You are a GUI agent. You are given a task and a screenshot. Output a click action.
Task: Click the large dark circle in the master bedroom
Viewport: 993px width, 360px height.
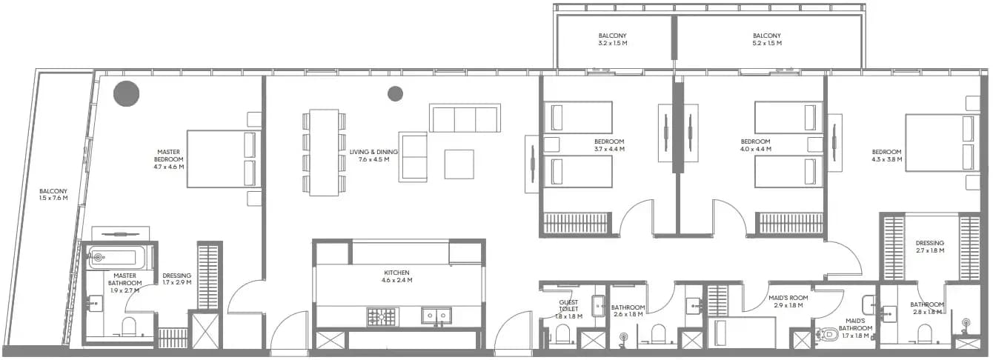click(x=126, y=93)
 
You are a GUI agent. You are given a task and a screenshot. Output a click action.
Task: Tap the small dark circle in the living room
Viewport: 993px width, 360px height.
click(x=395, y=93)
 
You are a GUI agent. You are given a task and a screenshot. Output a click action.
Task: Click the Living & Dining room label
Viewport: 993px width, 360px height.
click(x=373, y=156)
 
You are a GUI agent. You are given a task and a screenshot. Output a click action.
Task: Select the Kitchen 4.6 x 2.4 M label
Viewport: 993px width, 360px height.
click(x=396, y=276)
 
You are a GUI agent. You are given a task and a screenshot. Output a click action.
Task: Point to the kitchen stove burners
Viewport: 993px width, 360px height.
click(x=380, y=316)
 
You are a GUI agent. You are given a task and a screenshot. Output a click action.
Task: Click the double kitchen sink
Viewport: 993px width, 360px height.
click(x=436, y=316)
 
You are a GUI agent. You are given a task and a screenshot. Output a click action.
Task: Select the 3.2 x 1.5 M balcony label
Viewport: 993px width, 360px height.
click(x=613, y=39)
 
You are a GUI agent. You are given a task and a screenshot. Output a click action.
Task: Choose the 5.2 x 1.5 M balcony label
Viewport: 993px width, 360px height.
click(x=767, y=39)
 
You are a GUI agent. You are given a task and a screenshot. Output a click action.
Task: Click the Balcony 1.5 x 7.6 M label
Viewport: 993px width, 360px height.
click(x=53, y=195)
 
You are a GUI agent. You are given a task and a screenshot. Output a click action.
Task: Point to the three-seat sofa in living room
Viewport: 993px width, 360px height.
click(x=465, y=118)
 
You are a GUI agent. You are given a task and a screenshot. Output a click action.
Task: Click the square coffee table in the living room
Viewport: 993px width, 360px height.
click(x=459, y=164)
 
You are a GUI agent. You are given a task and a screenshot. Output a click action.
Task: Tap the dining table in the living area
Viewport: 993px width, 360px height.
click(x=324, y=153)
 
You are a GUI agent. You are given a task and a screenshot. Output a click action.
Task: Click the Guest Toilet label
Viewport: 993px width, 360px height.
click(x=569, y=309)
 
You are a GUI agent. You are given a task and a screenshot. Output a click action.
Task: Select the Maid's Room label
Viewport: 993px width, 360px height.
click(x=788, y=301)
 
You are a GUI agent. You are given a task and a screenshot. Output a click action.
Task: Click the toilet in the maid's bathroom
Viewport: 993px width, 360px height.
click(x=827, y=333)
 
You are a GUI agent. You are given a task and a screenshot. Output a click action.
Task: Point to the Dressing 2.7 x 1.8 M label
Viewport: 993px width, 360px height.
click(x=930, y=247)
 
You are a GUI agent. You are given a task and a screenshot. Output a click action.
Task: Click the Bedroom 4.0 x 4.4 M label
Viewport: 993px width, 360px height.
click(x=755, y=145)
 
